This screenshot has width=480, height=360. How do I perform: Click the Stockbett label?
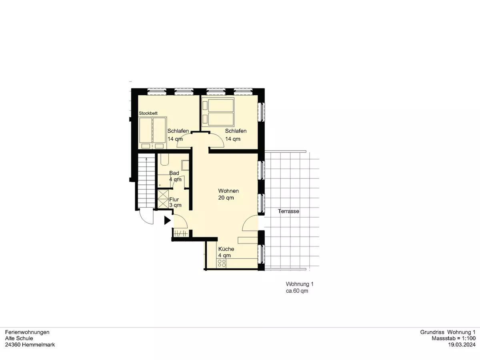pyautogui.click(x=148, y=113)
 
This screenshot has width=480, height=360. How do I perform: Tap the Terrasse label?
pyautogui.click(x=288, y=211)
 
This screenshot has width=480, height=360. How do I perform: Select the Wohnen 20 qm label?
pyautogui.click(x=228, y=194)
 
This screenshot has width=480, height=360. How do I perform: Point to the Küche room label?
pyautogui.click(x=226, y=252)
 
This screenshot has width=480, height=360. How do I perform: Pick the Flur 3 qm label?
pyautogui.click(x=175, y=202)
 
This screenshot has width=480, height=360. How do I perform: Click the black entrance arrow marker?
pyautogui.click(x=167, y=220)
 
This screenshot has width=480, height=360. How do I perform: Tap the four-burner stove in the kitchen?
pyautogui.click(x=221, y=263)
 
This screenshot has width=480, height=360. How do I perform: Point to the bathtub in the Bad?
pyautogui.click(x=164, y=159)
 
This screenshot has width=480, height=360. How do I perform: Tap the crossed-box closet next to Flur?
pyautogui.click(x=163, y=199)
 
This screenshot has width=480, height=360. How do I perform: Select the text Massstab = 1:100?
pyautogui.click(x=454, y=338)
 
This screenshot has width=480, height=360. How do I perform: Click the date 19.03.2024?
pyautogui.click(x=462, y=345)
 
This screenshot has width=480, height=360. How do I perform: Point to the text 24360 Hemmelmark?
pyautogui.click(x=30, y=345)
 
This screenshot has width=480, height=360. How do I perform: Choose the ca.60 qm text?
pyautogui.click(x=297, y=291)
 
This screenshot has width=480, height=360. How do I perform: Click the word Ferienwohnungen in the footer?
pyautogui.click(x=27, y=332)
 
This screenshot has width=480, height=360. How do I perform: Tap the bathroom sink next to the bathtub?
pyautogui.click(x=185, y=165)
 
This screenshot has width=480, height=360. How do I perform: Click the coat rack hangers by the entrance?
pyautogui.click(x=181, y=234)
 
